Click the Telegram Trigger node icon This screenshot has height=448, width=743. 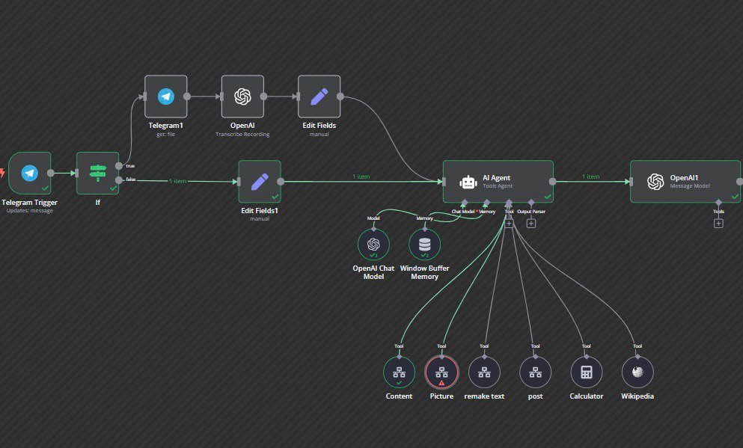click(29, 174)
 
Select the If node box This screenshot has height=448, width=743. click(98, 174)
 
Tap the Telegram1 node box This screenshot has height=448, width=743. click(165, 96)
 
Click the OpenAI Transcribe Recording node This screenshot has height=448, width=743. click(242, 96)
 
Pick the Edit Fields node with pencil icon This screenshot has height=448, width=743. click(319, 96)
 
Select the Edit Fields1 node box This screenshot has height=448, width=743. click(260, 181)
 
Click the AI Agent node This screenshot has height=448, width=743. click(498, 181)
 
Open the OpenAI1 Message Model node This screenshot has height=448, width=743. click(685, 181)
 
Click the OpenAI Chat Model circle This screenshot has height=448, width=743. click(373, 244)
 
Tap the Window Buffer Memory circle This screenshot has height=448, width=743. click(425, 244)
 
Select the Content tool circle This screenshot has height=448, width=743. click(399, 372)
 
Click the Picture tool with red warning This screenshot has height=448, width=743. click(441, 372)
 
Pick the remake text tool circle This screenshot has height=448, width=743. click(484, 372)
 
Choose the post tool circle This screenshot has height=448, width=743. click(535, 372)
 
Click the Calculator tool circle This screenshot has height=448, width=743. click(586, 372)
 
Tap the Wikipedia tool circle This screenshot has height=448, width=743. click(637, 372)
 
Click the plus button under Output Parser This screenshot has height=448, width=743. click(531, 223)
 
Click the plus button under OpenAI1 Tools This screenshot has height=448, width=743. click(718, 223)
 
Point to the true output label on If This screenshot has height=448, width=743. click(131, 165)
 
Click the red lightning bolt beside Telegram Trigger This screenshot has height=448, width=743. click(2, 172)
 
